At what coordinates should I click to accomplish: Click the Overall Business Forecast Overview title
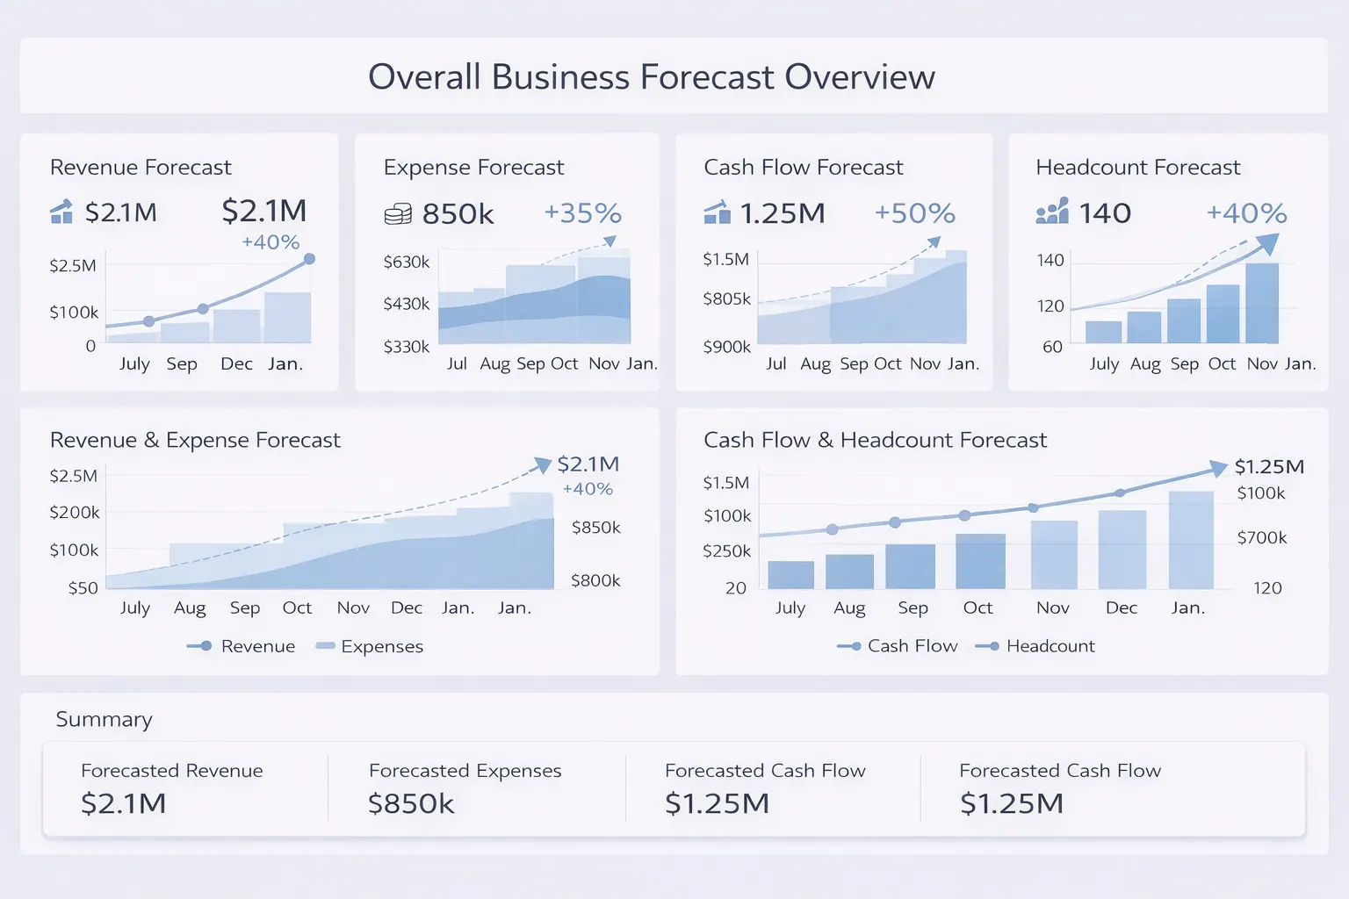[651, 77]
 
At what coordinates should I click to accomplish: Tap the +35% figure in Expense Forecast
[582, 213]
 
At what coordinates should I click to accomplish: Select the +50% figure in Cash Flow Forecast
[914, 213]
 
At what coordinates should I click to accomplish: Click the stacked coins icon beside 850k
[398, 214]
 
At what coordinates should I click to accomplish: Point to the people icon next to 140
[1052, 212]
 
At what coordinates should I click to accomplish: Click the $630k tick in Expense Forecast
[407, 262]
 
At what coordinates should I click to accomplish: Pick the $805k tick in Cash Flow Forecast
[726, 298]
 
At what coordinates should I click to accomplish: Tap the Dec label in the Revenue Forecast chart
[236, 363]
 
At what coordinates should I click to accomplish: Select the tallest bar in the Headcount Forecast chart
[1262, 303]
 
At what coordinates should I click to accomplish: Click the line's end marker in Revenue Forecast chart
[309, 259]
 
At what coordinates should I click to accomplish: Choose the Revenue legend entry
[242, 646]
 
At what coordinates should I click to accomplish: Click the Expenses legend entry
[370, 646]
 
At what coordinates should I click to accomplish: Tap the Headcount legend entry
[1035, 646]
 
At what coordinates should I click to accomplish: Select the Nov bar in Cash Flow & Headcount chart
[1054, 554]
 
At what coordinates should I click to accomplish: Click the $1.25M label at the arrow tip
[1269, 466]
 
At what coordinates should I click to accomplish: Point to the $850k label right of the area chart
[595, 528]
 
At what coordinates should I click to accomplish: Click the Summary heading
[104, 720]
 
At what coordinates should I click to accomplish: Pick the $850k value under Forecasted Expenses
[411, 803]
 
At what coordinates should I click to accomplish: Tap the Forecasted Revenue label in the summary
[172, 771]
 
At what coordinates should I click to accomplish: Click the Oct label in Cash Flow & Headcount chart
[977, 608]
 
